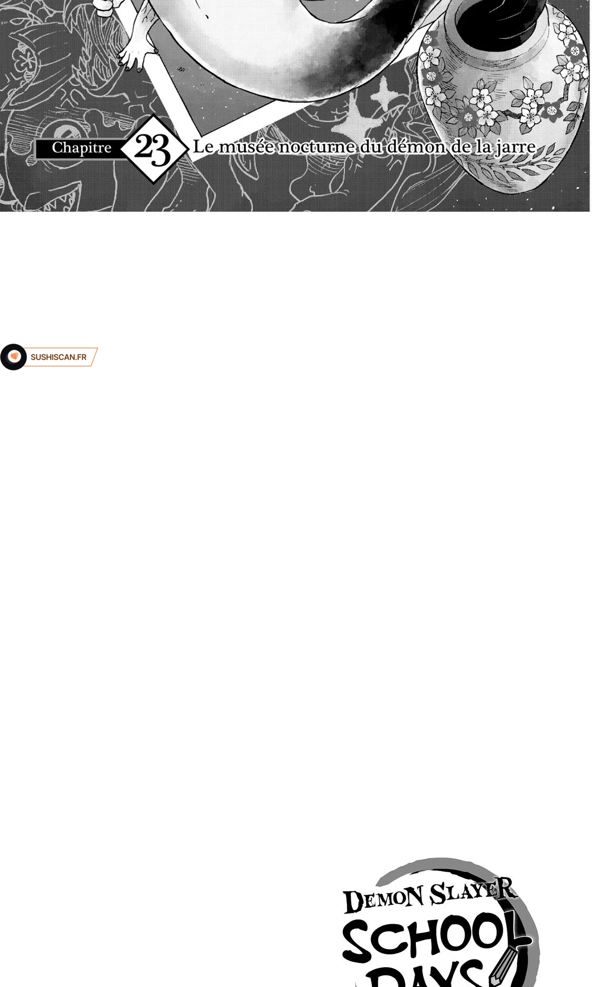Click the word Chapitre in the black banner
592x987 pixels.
point(81,148)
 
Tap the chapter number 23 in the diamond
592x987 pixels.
point(152,149)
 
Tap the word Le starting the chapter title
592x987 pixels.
point(202,147)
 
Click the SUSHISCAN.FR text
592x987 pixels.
point(58,357)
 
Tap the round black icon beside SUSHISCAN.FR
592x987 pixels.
point(13,357)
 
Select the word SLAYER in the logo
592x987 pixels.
point(474,892)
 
